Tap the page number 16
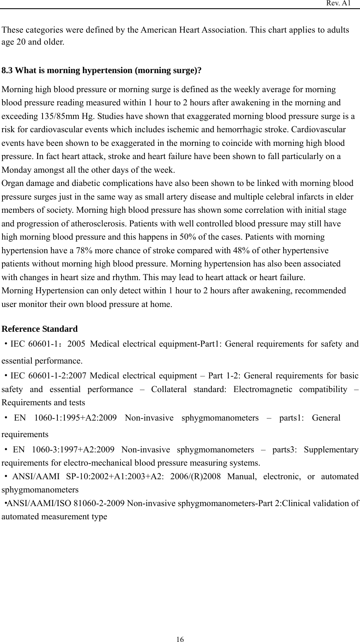coord(180,640)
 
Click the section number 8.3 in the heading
coord(7,70)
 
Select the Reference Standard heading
coord(40,329)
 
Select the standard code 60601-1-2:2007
coord(56,376)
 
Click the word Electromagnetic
coord(262,389)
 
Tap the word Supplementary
coord(331,449)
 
